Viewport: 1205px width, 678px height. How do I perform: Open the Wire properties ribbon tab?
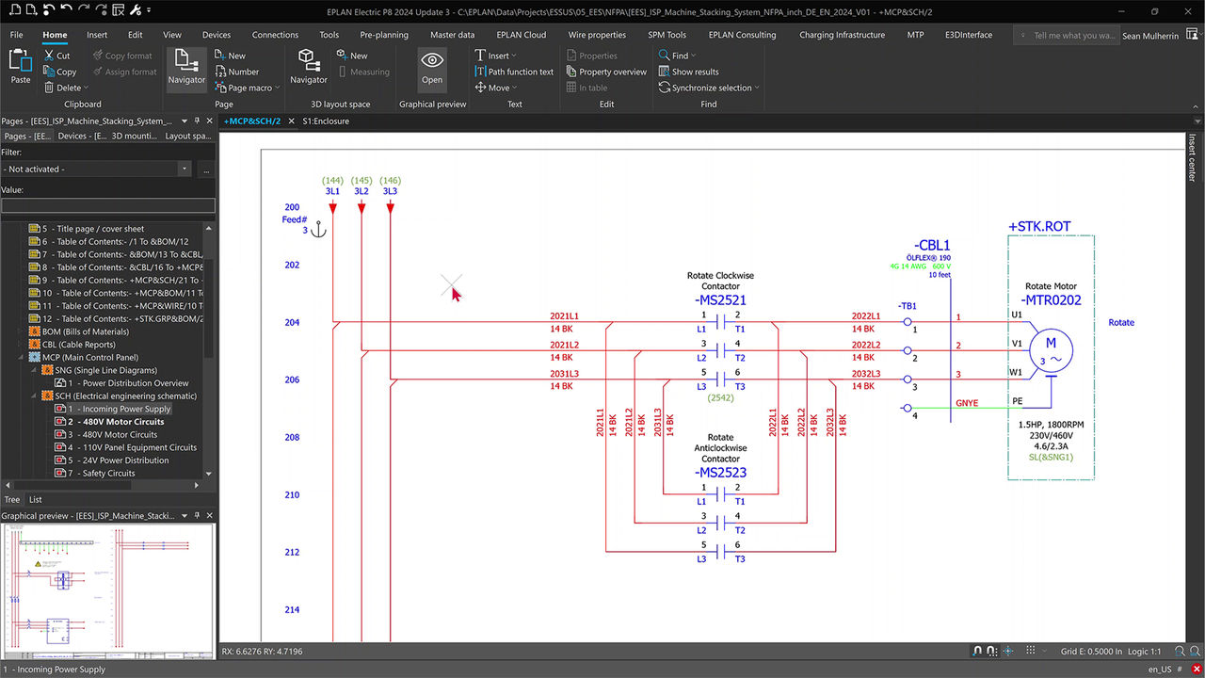[597, 35]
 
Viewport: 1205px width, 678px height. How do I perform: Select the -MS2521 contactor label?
[721, 299]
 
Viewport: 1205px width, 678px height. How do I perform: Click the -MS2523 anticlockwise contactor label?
[721, 473]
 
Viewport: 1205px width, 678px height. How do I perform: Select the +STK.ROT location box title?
[1039, 226]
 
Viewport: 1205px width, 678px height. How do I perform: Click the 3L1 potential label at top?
[332, 192]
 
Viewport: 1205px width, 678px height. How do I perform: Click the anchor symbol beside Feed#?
[318, 229]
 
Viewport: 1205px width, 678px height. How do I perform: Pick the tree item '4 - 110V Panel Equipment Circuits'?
[132, 447]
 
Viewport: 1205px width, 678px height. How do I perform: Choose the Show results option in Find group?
[695, 72]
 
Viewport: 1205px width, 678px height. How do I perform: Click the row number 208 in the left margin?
[292, 437]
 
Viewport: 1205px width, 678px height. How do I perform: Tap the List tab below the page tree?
[35, 500]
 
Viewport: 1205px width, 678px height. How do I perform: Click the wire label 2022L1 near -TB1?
[866, 316]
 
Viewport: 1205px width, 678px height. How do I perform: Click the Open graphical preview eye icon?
[432, 61]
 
